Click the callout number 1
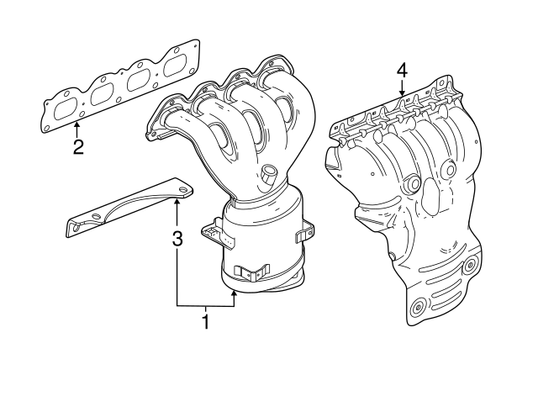(x=204, y=321)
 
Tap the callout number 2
(x=77, y=148)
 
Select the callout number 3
(x=177, y=239)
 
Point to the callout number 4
(x=402, y=71)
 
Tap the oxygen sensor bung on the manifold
(x=268, y=175)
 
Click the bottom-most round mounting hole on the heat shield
(x=418, y=311)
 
